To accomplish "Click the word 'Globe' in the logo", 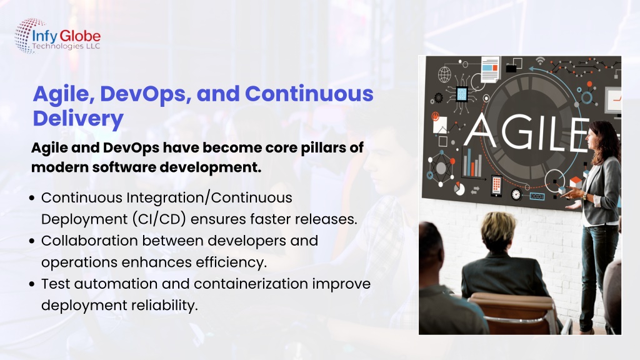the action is (80, 36).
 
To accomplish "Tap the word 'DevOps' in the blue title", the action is (145, 95).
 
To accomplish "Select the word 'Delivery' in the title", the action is (78, 119).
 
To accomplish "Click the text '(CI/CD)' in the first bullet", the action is (159, 219).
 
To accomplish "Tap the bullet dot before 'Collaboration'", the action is (32, 241).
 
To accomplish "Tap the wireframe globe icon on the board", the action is (444, 74).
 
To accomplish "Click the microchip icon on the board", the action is (462, 95).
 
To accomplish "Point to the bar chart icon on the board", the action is (472, 163).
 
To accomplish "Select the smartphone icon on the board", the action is (496, 186).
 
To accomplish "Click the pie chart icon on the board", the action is (459, 189).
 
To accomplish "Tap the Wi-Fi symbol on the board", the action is (541, 61).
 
